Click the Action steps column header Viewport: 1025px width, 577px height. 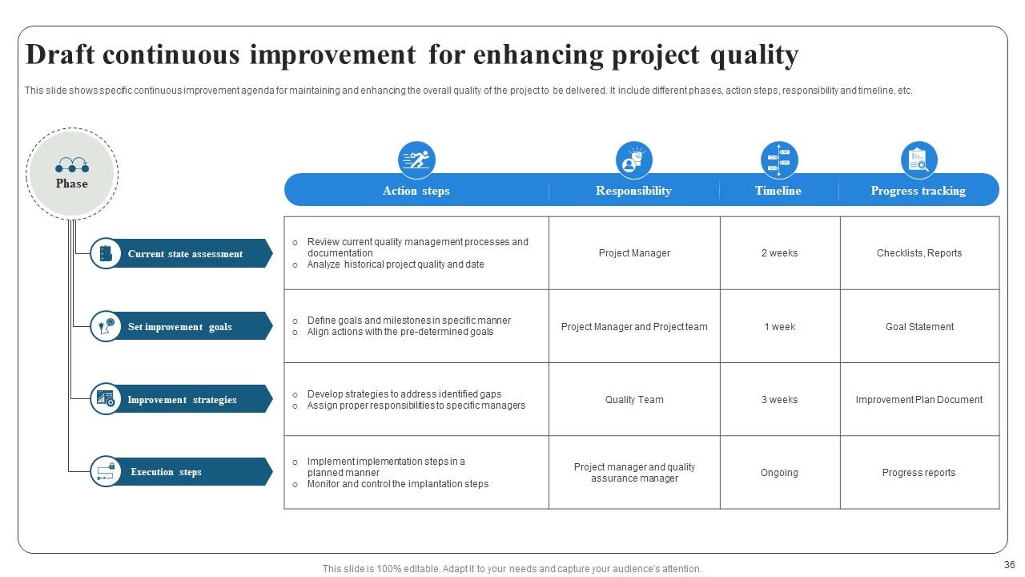[x=416, y=191]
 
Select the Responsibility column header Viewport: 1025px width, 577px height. [x=633, y=191]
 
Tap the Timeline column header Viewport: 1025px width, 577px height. [x=778, y=191]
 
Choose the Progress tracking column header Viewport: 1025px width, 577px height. [x=918, y=191]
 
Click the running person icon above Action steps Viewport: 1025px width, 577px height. [x=416, y=159]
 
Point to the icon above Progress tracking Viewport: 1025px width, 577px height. [x=918, y=159]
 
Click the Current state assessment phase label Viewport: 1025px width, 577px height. [x=185, y=254]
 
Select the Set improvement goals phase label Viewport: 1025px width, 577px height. [x=180, y=327]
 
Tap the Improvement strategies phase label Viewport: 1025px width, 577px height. [x=182, y=400]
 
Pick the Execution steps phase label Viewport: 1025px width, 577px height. [x=166, y=472]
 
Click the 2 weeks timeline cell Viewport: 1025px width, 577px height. [x=779, y=253]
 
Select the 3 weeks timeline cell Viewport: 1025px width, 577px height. [x=779, y=400]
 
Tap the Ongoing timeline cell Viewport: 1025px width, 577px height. [x=779, y=473]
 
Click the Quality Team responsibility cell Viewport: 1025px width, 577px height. [x=634, y=400]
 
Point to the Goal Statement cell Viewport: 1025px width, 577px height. [x=919, y=327]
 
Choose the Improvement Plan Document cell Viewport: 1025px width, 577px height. [x=918, y=400]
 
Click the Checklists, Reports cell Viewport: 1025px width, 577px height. [x=919, y=253]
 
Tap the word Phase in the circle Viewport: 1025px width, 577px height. [x=72, y=184]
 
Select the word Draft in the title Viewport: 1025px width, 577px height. [x=61, y=55]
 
